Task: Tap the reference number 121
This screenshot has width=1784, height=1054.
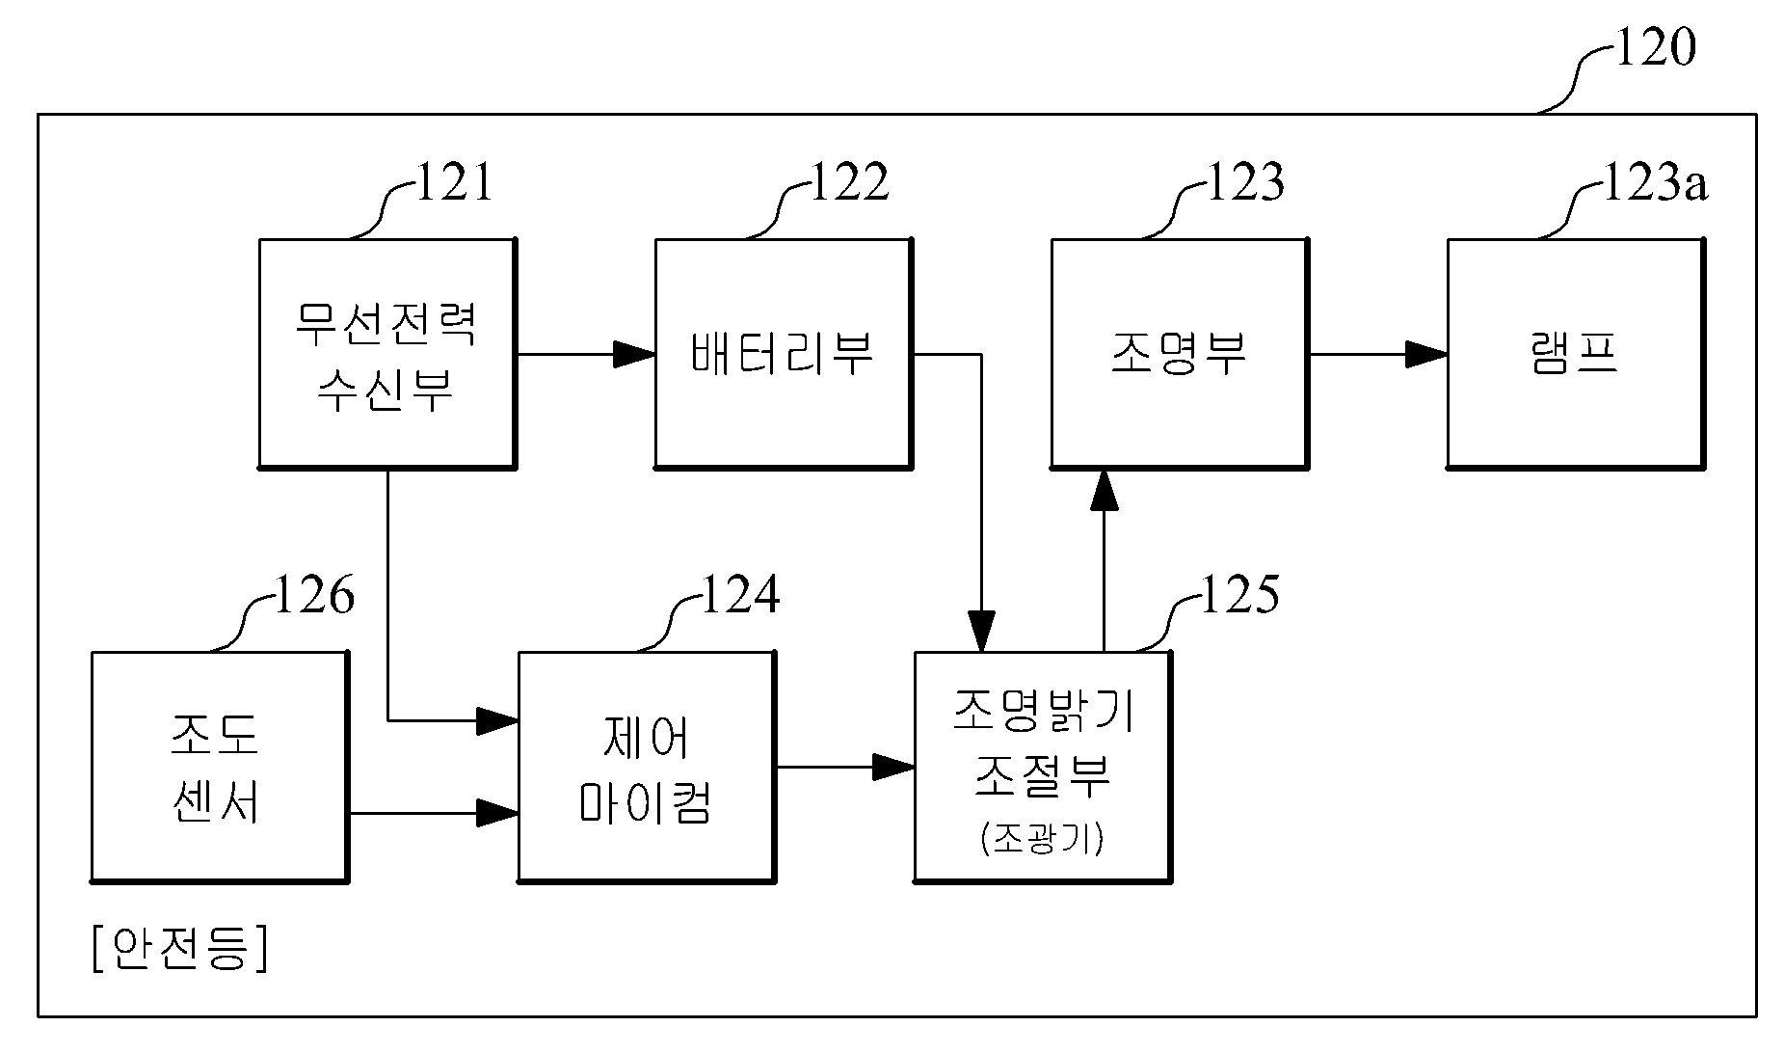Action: (x=453, y=182)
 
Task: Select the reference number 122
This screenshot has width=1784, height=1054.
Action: (x=849, y=182)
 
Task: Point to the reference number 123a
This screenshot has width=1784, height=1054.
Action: (x=1654, y=182)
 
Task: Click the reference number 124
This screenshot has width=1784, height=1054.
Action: (x=740, y=595)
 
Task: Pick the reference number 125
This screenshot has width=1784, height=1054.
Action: (x=1239, y=595)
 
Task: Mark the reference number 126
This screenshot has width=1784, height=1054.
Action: (x=314, y=595)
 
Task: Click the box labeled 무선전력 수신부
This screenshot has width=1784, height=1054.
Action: (x=387, y=354)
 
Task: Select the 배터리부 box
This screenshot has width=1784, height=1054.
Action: (x=784, y=354)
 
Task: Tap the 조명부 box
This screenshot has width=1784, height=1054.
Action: (x=1180, y=354)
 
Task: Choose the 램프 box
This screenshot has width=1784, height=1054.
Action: (x=1576, y=354)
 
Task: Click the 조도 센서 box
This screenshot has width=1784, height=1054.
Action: (x=220, y=767)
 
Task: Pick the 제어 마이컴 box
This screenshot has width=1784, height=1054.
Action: (x=647, y=767)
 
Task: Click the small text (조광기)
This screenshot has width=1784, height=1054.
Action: (x=1042, y=840)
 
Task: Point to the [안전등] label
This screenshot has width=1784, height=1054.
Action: (x=179, y=948)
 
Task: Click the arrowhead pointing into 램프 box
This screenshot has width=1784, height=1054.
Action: (x=1426, y=355)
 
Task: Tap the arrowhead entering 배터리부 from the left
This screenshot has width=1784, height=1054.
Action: (x=634, y=355)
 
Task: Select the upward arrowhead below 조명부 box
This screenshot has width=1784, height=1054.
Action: (x=1105, y=490)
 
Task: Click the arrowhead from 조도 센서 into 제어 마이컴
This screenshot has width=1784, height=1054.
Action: (x=497, y=813)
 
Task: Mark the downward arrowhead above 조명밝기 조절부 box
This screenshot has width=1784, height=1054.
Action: (x=981, y=631)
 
